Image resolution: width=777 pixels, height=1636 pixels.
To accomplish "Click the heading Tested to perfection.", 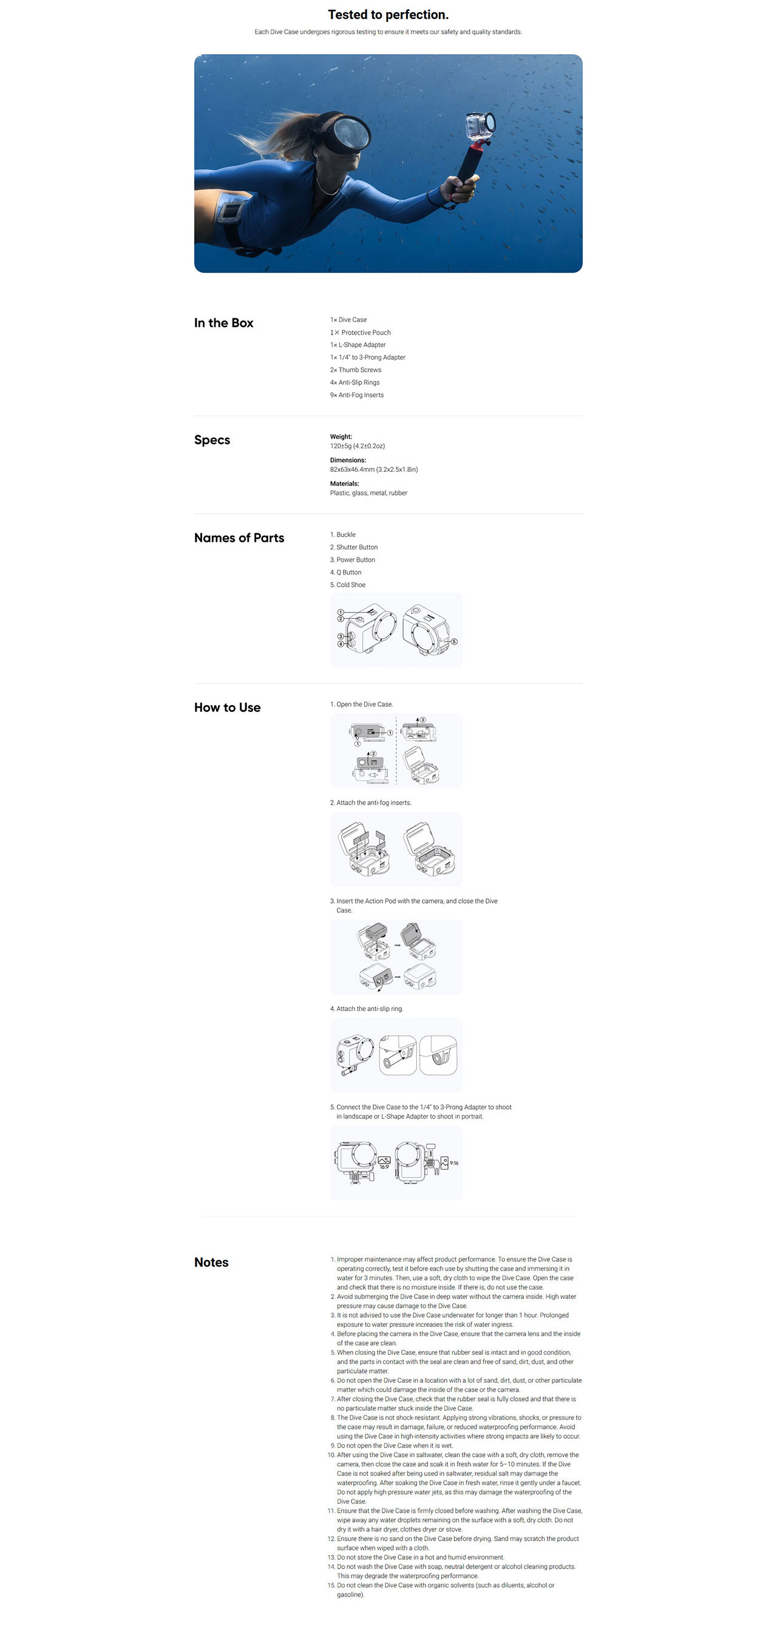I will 388,15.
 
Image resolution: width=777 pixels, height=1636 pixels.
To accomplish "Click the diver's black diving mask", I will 347,134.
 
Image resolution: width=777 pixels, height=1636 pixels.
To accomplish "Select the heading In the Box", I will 223,322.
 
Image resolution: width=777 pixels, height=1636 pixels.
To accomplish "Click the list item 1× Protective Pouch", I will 360,332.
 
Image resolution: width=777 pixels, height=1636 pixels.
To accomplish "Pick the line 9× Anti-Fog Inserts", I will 357,395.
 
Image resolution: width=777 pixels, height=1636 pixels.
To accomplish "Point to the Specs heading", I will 212,440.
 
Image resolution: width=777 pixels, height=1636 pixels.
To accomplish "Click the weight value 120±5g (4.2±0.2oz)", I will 358,446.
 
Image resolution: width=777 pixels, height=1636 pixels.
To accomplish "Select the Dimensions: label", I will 348,460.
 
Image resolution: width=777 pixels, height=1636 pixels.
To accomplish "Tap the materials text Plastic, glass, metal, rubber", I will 368,493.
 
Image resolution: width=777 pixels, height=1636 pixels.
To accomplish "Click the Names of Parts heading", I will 239,538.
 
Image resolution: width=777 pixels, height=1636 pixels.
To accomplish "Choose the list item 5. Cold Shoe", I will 348,585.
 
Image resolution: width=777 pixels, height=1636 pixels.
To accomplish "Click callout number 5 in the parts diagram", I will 454,641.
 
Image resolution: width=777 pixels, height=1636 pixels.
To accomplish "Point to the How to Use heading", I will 227,707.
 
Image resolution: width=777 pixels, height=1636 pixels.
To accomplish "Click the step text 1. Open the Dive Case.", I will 361,704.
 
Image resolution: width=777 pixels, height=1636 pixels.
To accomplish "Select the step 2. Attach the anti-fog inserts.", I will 371,803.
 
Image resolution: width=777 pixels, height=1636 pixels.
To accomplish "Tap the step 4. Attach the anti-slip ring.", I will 366,1009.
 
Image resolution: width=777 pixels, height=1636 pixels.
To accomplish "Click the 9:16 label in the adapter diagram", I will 454,1163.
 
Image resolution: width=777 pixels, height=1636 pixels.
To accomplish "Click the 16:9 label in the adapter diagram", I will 384,1167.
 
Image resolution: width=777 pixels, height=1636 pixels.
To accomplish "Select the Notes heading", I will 211,1262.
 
